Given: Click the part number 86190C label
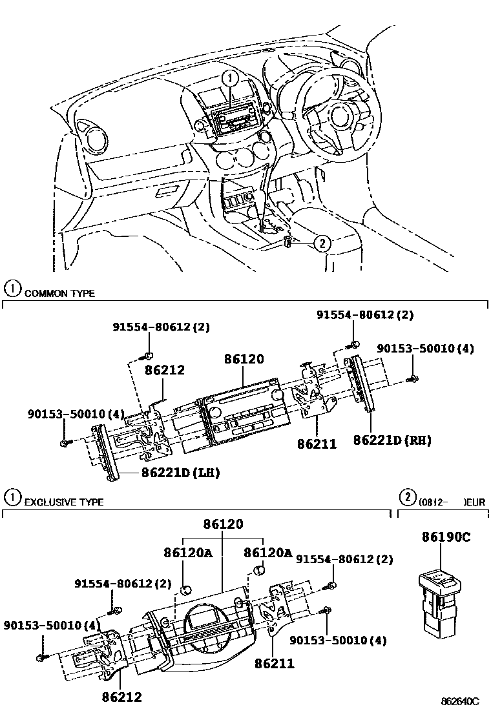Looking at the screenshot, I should (x=447, y=537).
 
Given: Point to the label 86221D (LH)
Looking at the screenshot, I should (x=180, y=473).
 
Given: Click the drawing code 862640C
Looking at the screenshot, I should (x=461, y=701).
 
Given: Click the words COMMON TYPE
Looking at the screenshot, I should (x=59, y=293).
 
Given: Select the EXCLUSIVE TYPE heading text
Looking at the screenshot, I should (x=63, y=502).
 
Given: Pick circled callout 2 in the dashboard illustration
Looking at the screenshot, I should (x=322, y=243).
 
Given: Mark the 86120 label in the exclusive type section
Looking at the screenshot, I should (x=222, y=524).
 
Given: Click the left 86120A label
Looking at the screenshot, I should (x=187, y=553).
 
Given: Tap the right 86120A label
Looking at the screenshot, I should (x=267, y=553).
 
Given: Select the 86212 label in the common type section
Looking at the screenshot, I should (x=164, y=371).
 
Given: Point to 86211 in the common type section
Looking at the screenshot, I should (x=317, y=444).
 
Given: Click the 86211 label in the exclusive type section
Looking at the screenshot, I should (x=274, y=663).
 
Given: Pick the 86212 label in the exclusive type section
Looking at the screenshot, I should (x=121, y=697).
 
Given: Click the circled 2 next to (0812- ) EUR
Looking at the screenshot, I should (x=406, y=497).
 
